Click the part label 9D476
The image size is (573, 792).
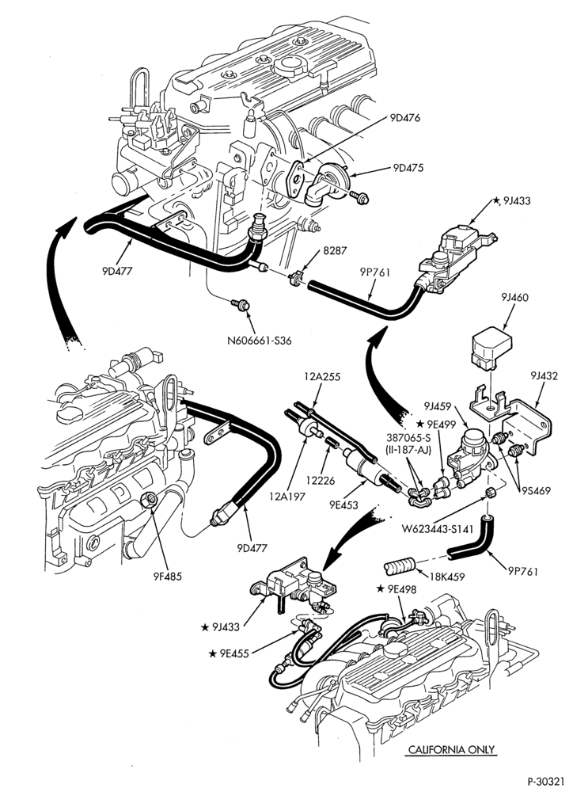(x=405, y=118)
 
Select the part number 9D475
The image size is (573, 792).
(x=408, y=168)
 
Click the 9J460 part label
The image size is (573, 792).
(x=515, y=298)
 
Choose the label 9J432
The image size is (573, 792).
(x=545, y=375)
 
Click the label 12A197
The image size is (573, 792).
(x=286, y=497)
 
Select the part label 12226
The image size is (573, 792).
(x=322, y=481)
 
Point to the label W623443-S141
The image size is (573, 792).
(x=438, y=529)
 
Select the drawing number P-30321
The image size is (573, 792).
(x=548, y=782)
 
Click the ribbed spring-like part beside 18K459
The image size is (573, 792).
(x=400, y=567)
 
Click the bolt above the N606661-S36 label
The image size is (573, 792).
(x=241, y=305)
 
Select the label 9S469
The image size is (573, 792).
(x=536, y=490)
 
